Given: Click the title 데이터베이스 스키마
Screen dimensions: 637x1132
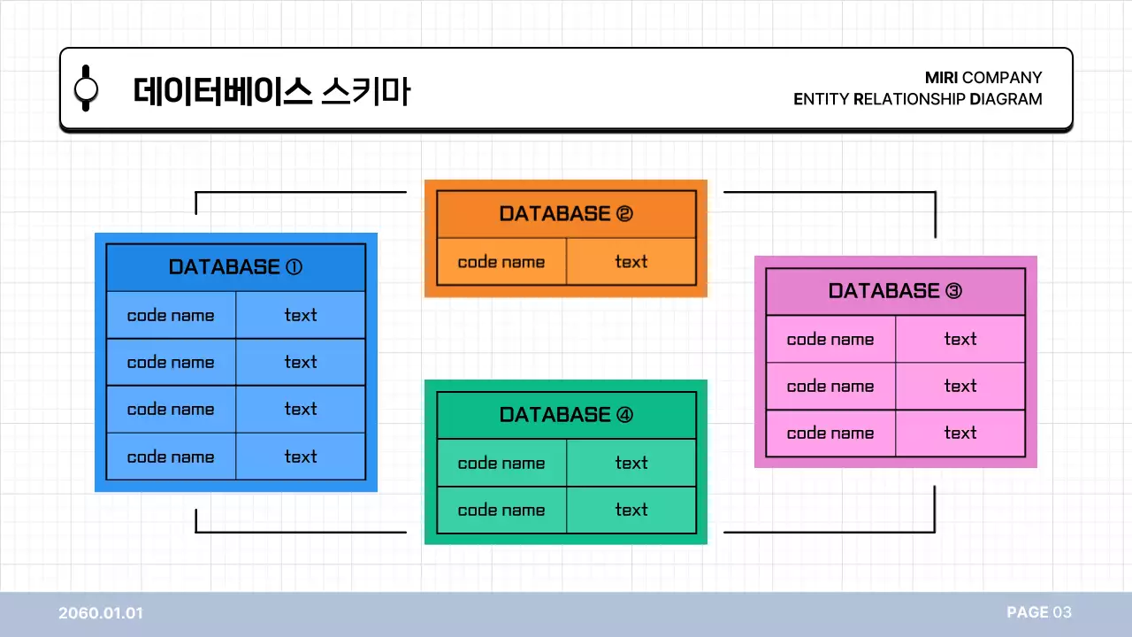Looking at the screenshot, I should tap(272, 91).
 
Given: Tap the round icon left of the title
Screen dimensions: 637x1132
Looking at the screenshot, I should tap(86, 88).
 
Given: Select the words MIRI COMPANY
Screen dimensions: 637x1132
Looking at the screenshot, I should tap(983, 78).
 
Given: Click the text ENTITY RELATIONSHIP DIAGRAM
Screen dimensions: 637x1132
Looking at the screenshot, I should tap(917, 99).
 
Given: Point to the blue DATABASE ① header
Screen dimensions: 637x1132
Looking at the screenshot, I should tap(235, 267).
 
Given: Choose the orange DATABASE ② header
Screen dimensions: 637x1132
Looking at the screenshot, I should tap(566, 214).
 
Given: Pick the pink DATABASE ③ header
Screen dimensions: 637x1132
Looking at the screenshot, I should tap(895, 291).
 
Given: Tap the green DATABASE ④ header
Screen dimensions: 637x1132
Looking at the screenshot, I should tap(566, 415).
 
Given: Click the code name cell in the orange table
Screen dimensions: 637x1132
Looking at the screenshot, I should tap(501, 262).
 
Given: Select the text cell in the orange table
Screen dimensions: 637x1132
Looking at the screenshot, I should tap(631, 262).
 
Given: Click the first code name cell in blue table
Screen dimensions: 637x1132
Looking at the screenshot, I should tap(171, 315).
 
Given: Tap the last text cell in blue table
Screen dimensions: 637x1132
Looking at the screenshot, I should tap(301, 457).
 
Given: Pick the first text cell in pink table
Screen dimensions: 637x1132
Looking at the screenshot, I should tap(960, 339).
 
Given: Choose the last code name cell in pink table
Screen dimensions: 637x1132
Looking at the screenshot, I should tap(830, 434).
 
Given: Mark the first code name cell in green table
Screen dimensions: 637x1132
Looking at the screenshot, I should tap(501, 463).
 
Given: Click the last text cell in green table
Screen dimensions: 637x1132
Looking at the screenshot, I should tap(631, 510).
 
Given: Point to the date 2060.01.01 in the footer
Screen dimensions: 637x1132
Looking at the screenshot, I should tap(101, 613).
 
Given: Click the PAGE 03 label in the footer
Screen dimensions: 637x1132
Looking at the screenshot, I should tap(1038, 612).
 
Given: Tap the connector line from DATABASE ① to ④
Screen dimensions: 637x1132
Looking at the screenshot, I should tap(301, 533).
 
